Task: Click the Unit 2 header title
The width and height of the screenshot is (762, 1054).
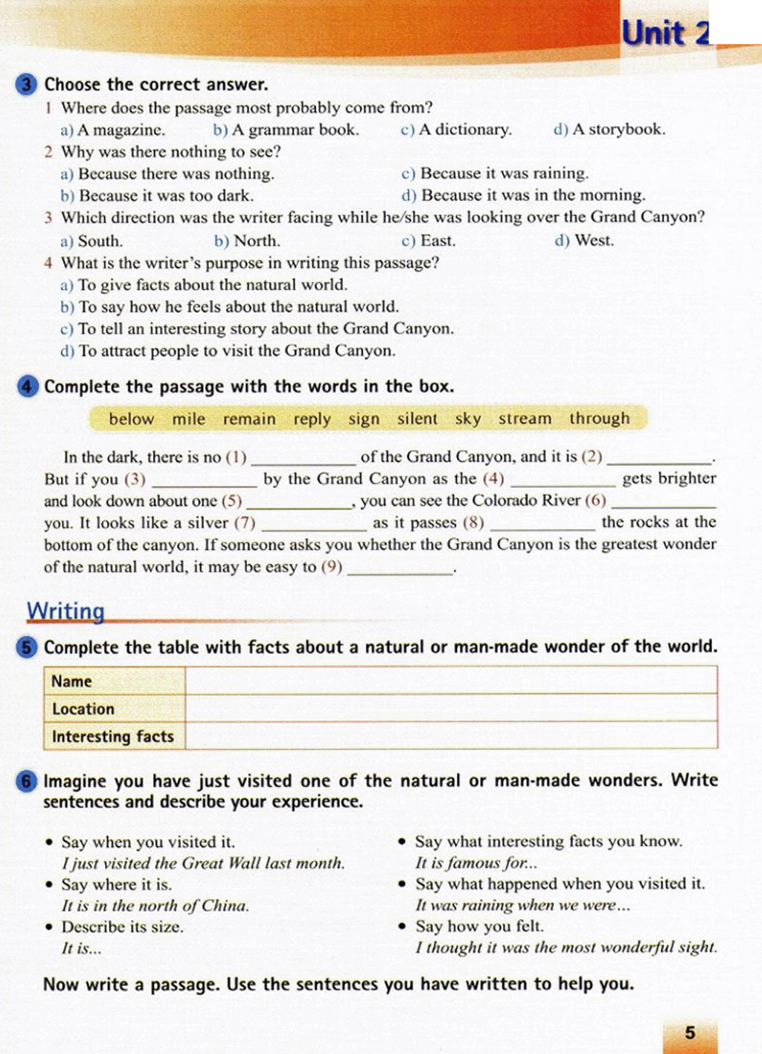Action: [x=665, y=34]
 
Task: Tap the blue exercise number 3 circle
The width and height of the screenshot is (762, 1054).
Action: [x=26, y=84]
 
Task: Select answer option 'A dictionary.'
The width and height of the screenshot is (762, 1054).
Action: [x=456, y=130]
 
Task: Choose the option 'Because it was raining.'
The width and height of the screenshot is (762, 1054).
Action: [x=495, y=174]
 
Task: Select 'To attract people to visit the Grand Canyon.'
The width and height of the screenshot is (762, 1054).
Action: [x=228, y=351]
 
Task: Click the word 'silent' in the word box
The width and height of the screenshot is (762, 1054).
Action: [x=417, y=419]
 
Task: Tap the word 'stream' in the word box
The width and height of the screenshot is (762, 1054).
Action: [x=525, y=419]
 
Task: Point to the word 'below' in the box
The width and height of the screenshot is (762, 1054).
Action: [x=131, y=419]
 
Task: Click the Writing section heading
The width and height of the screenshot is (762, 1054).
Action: [x=65, y=612]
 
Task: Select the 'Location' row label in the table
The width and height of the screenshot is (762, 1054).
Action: [x=83, y=709]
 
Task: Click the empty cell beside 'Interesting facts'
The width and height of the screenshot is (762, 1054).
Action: [x=451, y=736]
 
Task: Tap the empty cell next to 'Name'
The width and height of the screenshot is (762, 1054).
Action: [x=451, y=681]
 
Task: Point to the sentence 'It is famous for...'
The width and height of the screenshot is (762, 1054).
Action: [x=476, y=863]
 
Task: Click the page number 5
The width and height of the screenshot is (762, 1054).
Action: [x=690, y=1032]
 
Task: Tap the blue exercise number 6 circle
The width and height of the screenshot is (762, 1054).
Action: [x=27, y=781]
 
